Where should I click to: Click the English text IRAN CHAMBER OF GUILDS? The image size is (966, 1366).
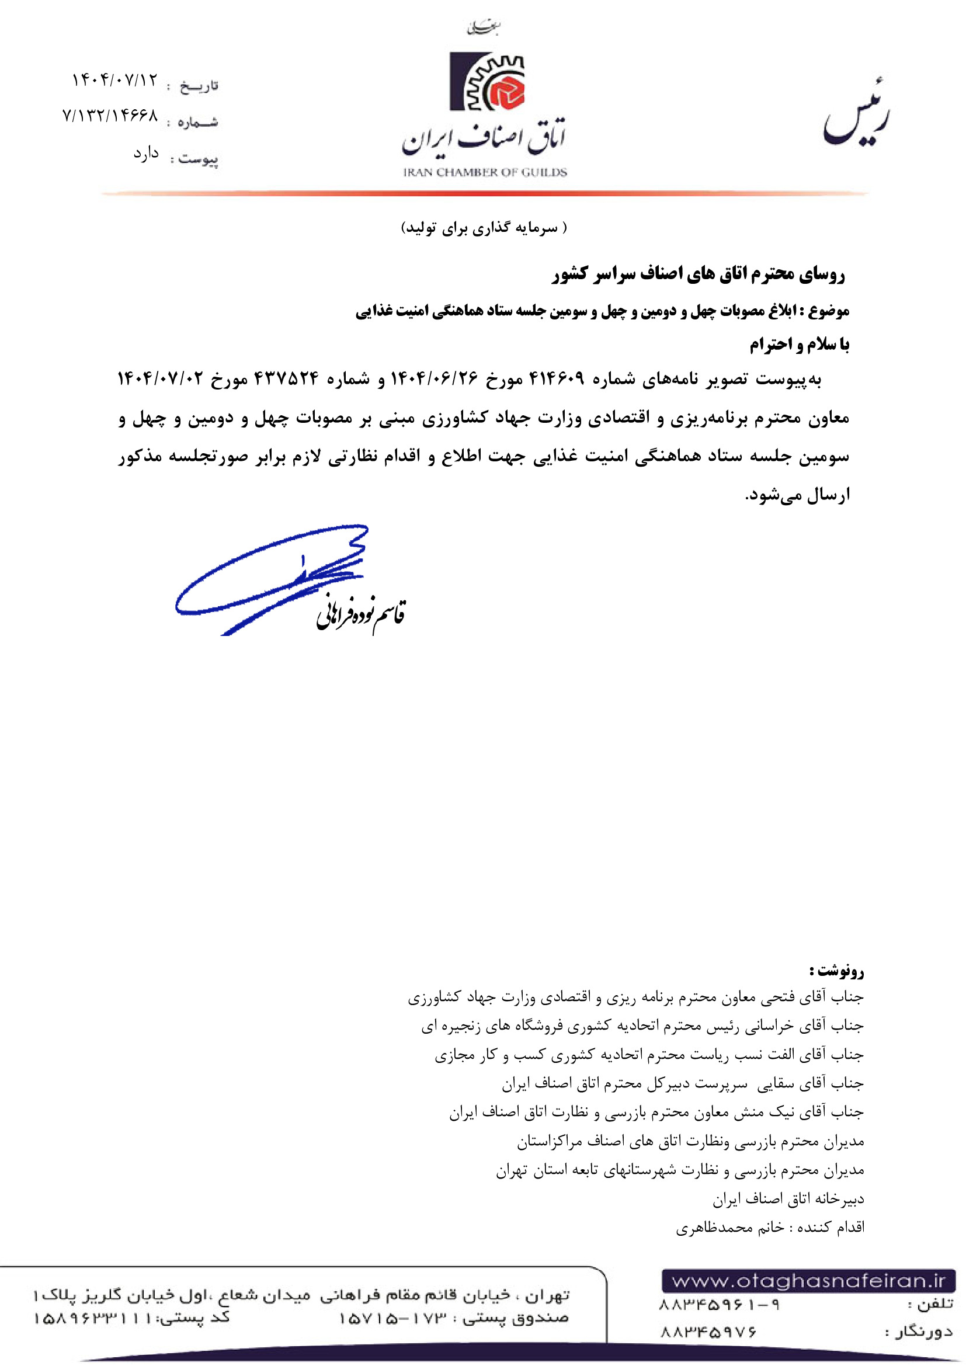[x=485, y=172]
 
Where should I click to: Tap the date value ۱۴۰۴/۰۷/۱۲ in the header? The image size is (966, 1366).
[x=115, y=80]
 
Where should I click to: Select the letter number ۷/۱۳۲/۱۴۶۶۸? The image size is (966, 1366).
[x=110, y=116]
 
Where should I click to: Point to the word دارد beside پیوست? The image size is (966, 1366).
[x=146, y=154]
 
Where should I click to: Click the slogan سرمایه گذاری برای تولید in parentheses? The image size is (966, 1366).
[x=484, y=228]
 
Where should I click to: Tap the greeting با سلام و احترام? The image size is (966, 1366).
[x=799, y=345]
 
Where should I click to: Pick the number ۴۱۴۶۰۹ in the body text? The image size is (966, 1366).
[x=557, y=378]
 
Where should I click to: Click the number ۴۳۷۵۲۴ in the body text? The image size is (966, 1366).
[x=286, y=378]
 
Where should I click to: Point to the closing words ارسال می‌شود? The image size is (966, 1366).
[x=797, y=495]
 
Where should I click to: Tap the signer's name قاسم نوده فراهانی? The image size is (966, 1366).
[x=360, y=613]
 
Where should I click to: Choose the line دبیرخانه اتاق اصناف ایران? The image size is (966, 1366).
[x=788, y=1200]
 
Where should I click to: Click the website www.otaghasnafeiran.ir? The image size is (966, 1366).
[x=808, y=1280]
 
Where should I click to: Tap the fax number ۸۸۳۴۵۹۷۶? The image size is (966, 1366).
[x=708, y=1332]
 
